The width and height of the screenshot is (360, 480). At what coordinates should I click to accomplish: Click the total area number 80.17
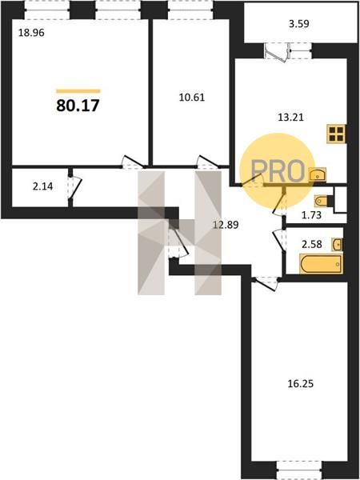78,106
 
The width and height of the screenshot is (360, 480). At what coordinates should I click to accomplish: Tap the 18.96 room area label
31,33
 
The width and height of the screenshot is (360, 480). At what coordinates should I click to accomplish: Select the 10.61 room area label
192,98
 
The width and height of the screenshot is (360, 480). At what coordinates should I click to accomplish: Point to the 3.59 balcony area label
299,24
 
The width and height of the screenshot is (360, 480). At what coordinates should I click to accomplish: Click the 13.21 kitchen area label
291,118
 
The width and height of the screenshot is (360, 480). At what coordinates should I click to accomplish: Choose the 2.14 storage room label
43,186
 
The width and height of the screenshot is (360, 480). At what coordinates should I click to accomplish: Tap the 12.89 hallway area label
226,226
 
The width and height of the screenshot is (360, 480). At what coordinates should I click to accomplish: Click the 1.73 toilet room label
311,215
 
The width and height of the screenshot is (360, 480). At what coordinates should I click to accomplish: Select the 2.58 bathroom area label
312,245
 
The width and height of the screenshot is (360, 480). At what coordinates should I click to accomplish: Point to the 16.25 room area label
301,384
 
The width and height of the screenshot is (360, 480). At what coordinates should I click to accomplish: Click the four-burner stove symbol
336,134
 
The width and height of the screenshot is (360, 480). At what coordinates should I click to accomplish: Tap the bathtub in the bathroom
321,264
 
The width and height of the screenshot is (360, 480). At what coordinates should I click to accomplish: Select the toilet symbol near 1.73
323,201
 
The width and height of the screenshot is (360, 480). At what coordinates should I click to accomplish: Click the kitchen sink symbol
318,174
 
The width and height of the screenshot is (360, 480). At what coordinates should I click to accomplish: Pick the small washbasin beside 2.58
337,245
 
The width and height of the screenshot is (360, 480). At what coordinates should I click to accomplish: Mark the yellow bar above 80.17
78,91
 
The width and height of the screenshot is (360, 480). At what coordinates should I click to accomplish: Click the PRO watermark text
278,171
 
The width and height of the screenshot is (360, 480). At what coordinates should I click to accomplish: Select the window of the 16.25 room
299,470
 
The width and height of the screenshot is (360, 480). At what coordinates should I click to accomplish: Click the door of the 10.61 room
207,162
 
